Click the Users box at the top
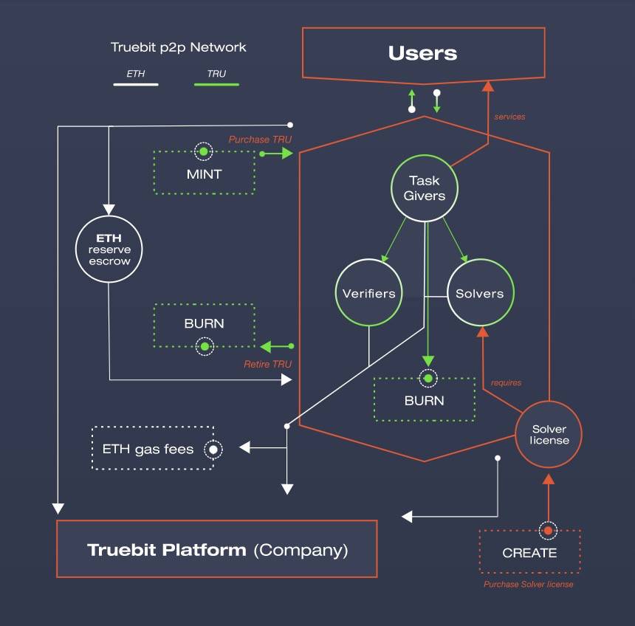[422, 53]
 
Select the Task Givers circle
[424, 188]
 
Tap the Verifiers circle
[368, 293]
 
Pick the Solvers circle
[480, 293]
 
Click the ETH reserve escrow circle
[109, 250]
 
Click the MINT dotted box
[204, 174]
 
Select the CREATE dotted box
[529, 552]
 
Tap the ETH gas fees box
[152, 448]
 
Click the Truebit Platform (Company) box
[217, 549]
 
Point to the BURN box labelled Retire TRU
[204, 324]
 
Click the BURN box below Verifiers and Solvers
[424, 400]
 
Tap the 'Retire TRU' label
[267, 364]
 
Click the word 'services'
[509, 117]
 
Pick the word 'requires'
[506, 382]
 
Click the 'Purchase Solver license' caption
[528, 584]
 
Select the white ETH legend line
[136, 84]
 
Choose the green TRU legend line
[216, 84]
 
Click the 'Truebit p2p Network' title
[179, 47]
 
